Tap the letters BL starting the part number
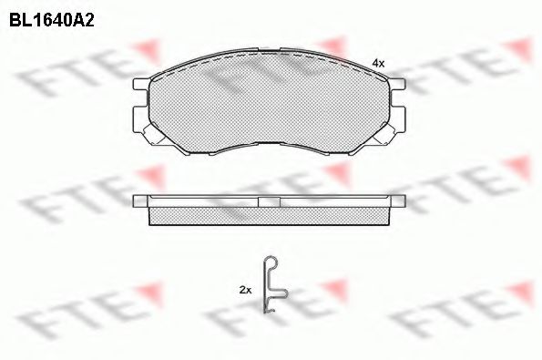click(x=20, y=21)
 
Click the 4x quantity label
click(x=378, y=63)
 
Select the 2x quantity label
click(x=245, y=290)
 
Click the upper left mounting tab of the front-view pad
click(x=141, y=84)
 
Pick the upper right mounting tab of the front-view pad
click(x=397, y=84)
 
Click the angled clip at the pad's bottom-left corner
click(x=154, y=135)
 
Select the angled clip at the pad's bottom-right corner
click(x=384, y=135)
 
